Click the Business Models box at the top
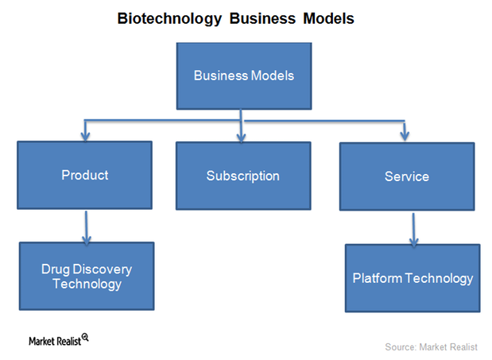coord(244,76)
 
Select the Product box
coord(84,175)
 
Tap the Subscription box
coord(242,176)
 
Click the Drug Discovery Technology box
coord(86,276)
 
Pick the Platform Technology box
coord(413,278)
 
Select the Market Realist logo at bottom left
coord(58,339)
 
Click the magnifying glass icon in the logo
coord(85,337)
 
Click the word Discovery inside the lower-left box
coord(103,269)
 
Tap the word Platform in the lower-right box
coord(378,278)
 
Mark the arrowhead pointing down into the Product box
coord(86,136)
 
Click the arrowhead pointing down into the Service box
coord(405,136)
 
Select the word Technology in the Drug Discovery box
coord(87,284)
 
